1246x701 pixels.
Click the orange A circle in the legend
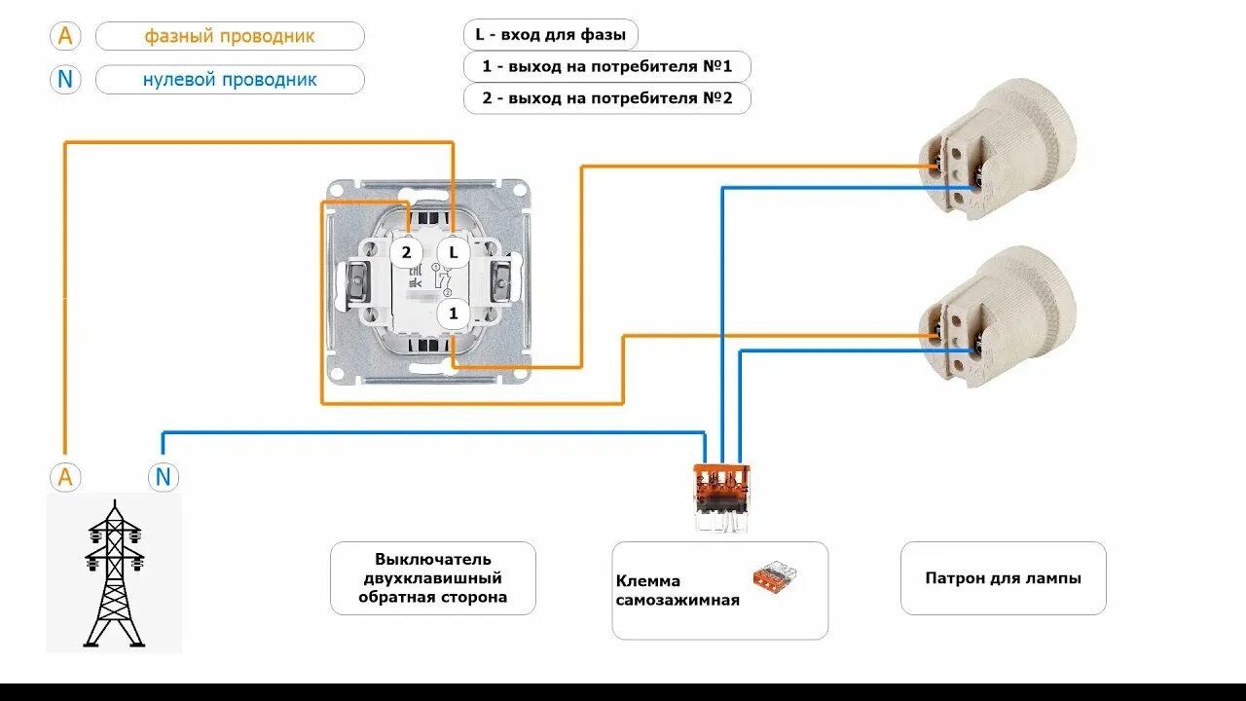[x=65, y=36]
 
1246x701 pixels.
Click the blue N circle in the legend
[x=65, y=79]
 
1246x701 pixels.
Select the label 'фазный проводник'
[x=230, y=36]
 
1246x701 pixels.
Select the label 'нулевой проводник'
[x=230, y=79]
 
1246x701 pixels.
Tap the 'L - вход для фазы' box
[x=550, y=35]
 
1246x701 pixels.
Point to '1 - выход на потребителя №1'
[x=606, y=67]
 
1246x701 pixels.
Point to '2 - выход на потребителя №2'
[x=606, y=98]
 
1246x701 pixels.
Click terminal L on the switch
[x=453, y=252]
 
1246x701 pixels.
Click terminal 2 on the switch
[x=406, y=252]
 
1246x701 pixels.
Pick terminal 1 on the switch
[x=453, y=314]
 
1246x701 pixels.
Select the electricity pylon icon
[x=114, y=574]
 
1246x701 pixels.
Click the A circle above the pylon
[x=65, y=477]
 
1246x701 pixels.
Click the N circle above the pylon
[x=163, y=477]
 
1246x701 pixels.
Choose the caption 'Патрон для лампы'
[x=1003, y=578]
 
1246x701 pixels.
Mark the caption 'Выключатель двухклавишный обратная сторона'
[x=432, y=578]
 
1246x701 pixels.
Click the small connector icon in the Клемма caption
[x=775, y=576]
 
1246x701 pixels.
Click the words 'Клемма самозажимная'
[x=678, y=591]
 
